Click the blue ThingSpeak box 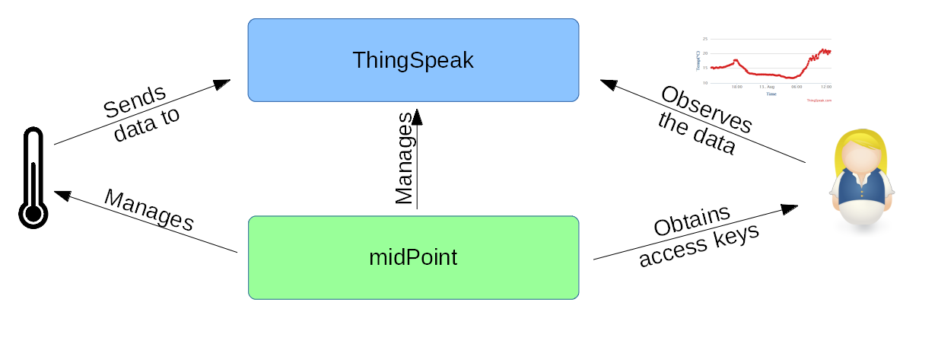[x=413, y=60]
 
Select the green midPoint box [x=413, y=257]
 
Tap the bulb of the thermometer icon [x=33, y=213]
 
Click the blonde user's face [x=860, y=156]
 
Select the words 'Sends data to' [x=141, y=114]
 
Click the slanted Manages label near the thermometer [x=149, y=210]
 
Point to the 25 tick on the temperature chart [x=705, y=39]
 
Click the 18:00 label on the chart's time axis [x=736, y=87]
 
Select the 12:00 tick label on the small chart [x=825, y=87]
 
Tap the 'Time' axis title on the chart [x=771, y=94]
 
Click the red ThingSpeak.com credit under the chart [x=819, y=100]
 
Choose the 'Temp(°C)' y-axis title [x=697, y=61]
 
